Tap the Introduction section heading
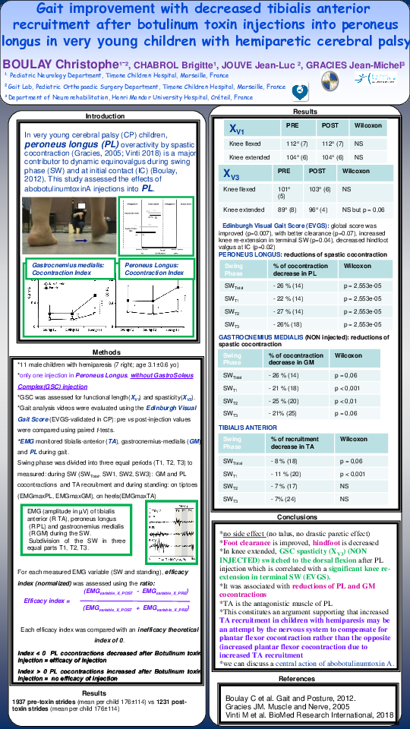pyautogui.click(x=105, y=116)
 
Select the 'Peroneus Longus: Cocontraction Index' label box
pyautogui.click(x=154, y=268)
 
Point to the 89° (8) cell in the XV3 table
pyautogui.click(x=284, y=209)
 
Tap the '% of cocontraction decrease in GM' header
pyautogui.click(x=295, y=358)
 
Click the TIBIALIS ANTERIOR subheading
pyautogui.click(x=248, y=428)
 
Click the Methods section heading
pyautogui.click(x=106, y=352)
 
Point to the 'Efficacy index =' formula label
pyautogui.click(x=47, y=601)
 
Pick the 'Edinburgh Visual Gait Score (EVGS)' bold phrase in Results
pyautogui.click(x=266, y=226)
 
